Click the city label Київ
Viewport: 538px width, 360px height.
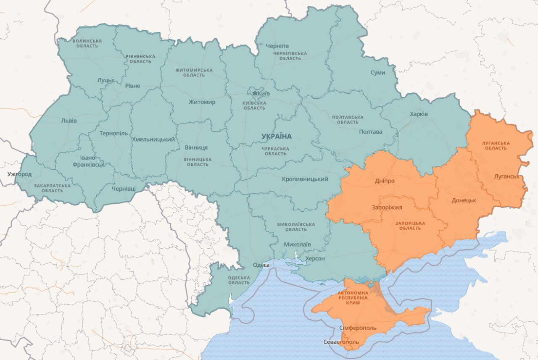[264, 93]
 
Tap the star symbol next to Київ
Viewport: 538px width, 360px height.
[254, 93]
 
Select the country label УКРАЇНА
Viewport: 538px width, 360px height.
[276, 136]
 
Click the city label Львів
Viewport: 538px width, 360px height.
[69, 121]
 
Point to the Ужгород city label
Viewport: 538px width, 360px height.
[19, 174]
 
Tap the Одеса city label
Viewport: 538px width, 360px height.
[261, 265]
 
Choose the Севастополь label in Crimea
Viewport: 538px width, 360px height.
[341, 342]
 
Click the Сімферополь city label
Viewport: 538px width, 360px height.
[357, 328]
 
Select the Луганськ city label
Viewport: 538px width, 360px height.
[507, 176]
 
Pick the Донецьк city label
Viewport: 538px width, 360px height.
[464, 200]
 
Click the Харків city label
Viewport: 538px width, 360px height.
[419, 114]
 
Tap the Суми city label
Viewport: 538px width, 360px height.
[377, 73]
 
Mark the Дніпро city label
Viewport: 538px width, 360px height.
[384, 181]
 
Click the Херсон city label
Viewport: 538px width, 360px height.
[315, 258]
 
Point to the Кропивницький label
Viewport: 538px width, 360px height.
[305, 179]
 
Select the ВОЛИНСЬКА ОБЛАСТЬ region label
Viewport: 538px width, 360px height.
[87, 43]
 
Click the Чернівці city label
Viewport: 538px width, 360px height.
[124, 189]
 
